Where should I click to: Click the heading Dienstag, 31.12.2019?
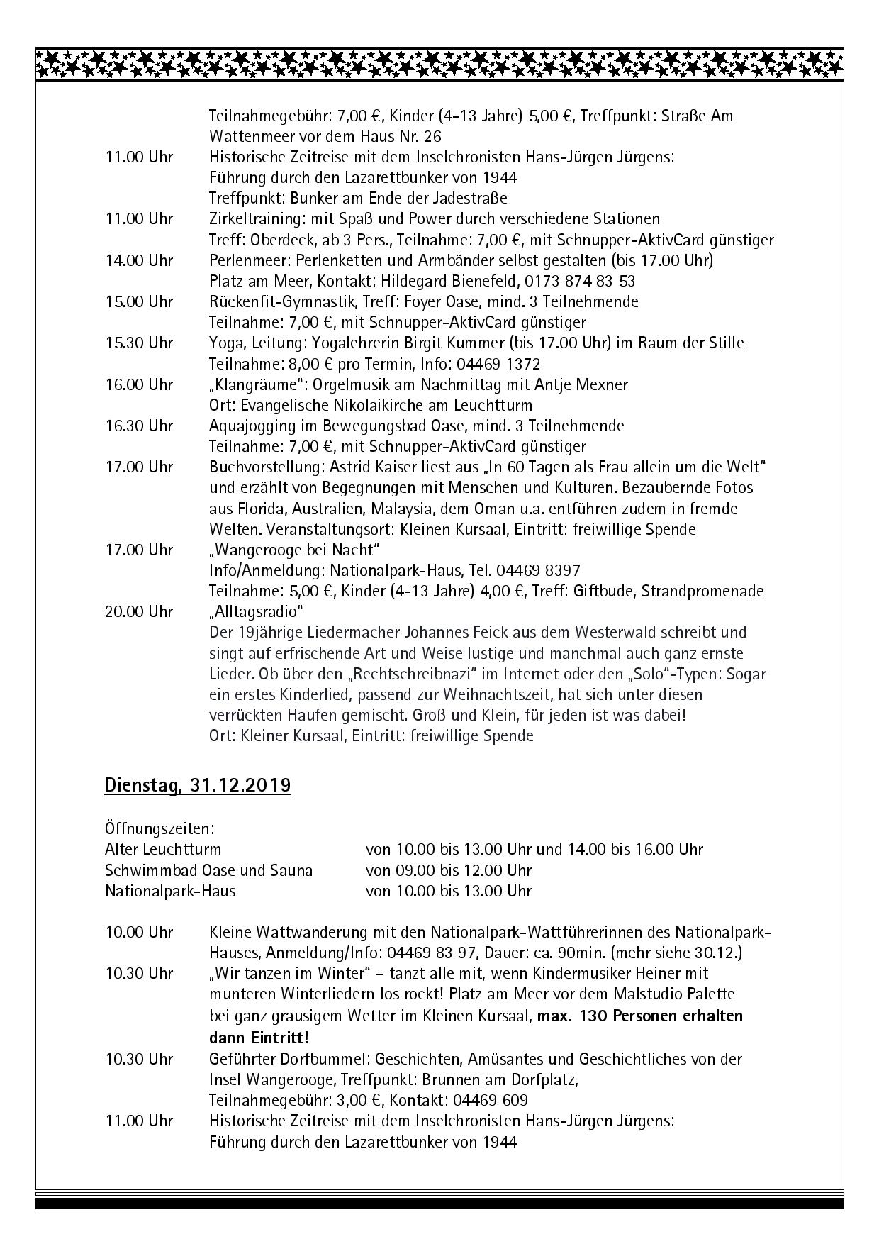pyautogui.click(x=198, y=786)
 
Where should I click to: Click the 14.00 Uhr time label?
pyautogui.click(x=139, y=260)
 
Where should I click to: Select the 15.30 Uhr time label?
pyautogui.click(x=139, y=343)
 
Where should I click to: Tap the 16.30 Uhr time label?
pyautogui.click(x=139, y=426)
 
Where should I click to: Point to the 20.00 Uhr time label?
pyautogui.click(x=139, y=611)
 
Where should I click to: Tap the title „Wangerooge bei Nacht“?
pyautogui.click(x=294, y=550)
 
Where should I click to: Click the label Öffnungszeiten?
pyautogui.click(x=160, y=828)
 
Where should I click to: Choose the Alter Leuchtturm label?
pyautogui.click(x=163, y=849)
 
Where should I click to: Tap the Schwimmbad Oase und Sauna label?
pyautogui.click(x=208, y=870)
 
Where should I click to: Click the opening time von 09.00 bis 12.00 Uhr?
pyautogui.click(x=449, y=870)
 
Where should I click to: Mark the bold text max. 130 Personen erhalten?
pyautogui.click(x=640, y=1016)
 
